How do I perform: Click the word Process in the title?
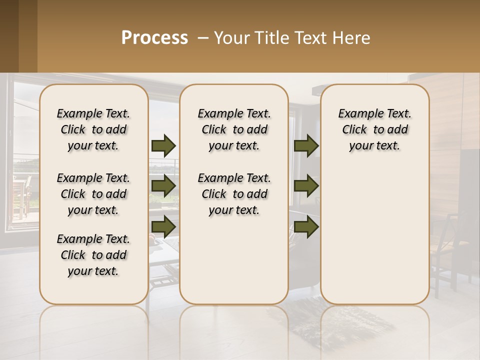coord(154,38)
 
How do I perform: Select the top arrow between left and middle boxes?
coord(163,145)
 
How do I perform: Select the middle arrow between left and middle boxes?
coord(163,186)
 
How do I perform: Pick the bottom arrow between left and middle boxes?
coord(163,226)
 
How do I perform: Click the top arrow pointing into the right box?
coord(306,145)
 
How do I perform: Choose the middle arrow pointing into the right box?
coord(306,186)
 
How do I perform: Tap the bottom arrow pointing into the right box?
coord(306,226)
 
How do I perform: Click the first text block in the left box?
coord(93,129)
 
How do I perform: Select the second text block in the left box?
coord(93,194)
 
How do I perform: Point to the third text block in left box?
coord(93,255)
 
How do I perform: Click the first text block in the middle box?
coord(234,129)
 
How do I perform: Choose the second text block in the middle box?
coord(234,194)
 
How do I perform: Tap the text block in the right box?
coord(375,129)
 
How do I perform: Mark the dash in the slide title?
coord(203,38)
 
